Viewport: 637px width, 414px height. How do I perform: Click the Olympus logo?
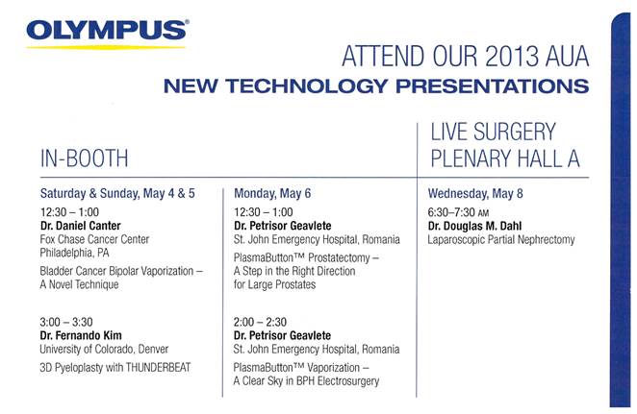coord(107,34)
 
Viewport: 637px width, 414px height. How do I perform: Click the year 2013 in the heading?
coord(512,57)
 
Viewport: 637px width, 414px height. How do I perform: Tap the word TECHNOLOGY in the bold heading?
coord(307,85)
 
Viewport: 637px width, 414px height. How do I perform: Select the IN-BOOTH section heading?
coord(84,158)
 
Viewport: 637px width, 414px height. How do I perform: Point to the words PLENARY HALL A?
coord(505,158)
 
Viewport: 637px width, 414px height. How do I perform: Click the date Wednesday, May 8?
coord(475,193)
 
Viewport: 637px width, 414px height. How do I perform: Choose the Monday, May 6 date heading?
coord(272,193)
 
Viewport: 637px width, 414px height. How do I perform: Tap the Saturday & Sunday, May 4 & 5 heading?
coord(117,193)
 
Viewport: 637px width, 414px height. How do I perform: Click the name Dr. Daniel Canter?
coord(81,226)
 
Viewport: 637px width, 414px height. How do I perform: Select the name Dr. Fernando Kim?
coord(81,335)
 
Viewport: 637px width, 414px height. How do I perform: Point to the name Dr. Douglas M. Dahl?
coord(474,226)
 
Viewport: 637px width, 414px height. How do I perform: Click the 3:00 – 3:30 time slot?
coord(66,322)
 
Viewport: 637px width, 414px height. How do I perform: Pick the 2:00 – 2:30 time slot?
coord(260,322)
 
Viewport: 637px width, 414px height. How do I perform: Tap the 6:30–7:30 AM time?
coord(458,212)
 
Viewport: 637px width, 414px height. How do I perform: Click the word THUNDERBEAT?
coord(158,367)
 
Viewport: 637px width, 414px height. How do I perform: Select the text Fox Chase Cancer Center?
coord(94,239)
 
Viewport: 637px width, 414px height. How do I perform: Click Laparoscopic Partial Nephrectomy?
coord(501,239)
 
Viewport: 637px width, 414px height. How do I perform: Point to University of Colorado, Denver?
coord(104,349)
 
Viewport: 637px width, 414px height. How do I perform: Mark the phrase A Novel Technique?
coord(79,284)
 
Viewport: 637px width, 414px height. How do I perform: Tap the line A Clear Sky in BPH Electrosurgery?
coord(306,381)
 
